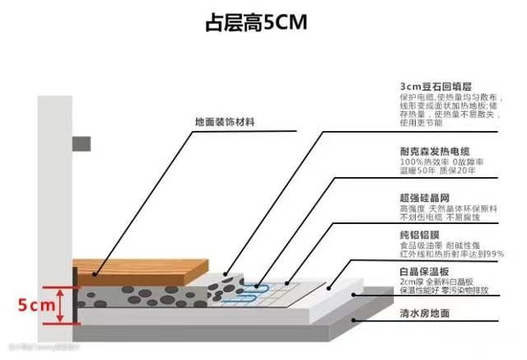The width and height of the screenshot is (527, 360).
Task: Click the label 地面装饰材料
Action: [x=224, y=122]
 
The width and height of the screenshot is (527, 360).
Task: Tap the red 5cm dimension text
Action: [x=35, y=306]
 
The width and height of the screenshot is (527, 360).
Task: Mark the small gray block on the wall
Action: [x=80, y=143]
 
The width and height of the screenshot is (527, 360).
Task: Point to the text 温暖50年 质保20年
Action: [x=437, y=175]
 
